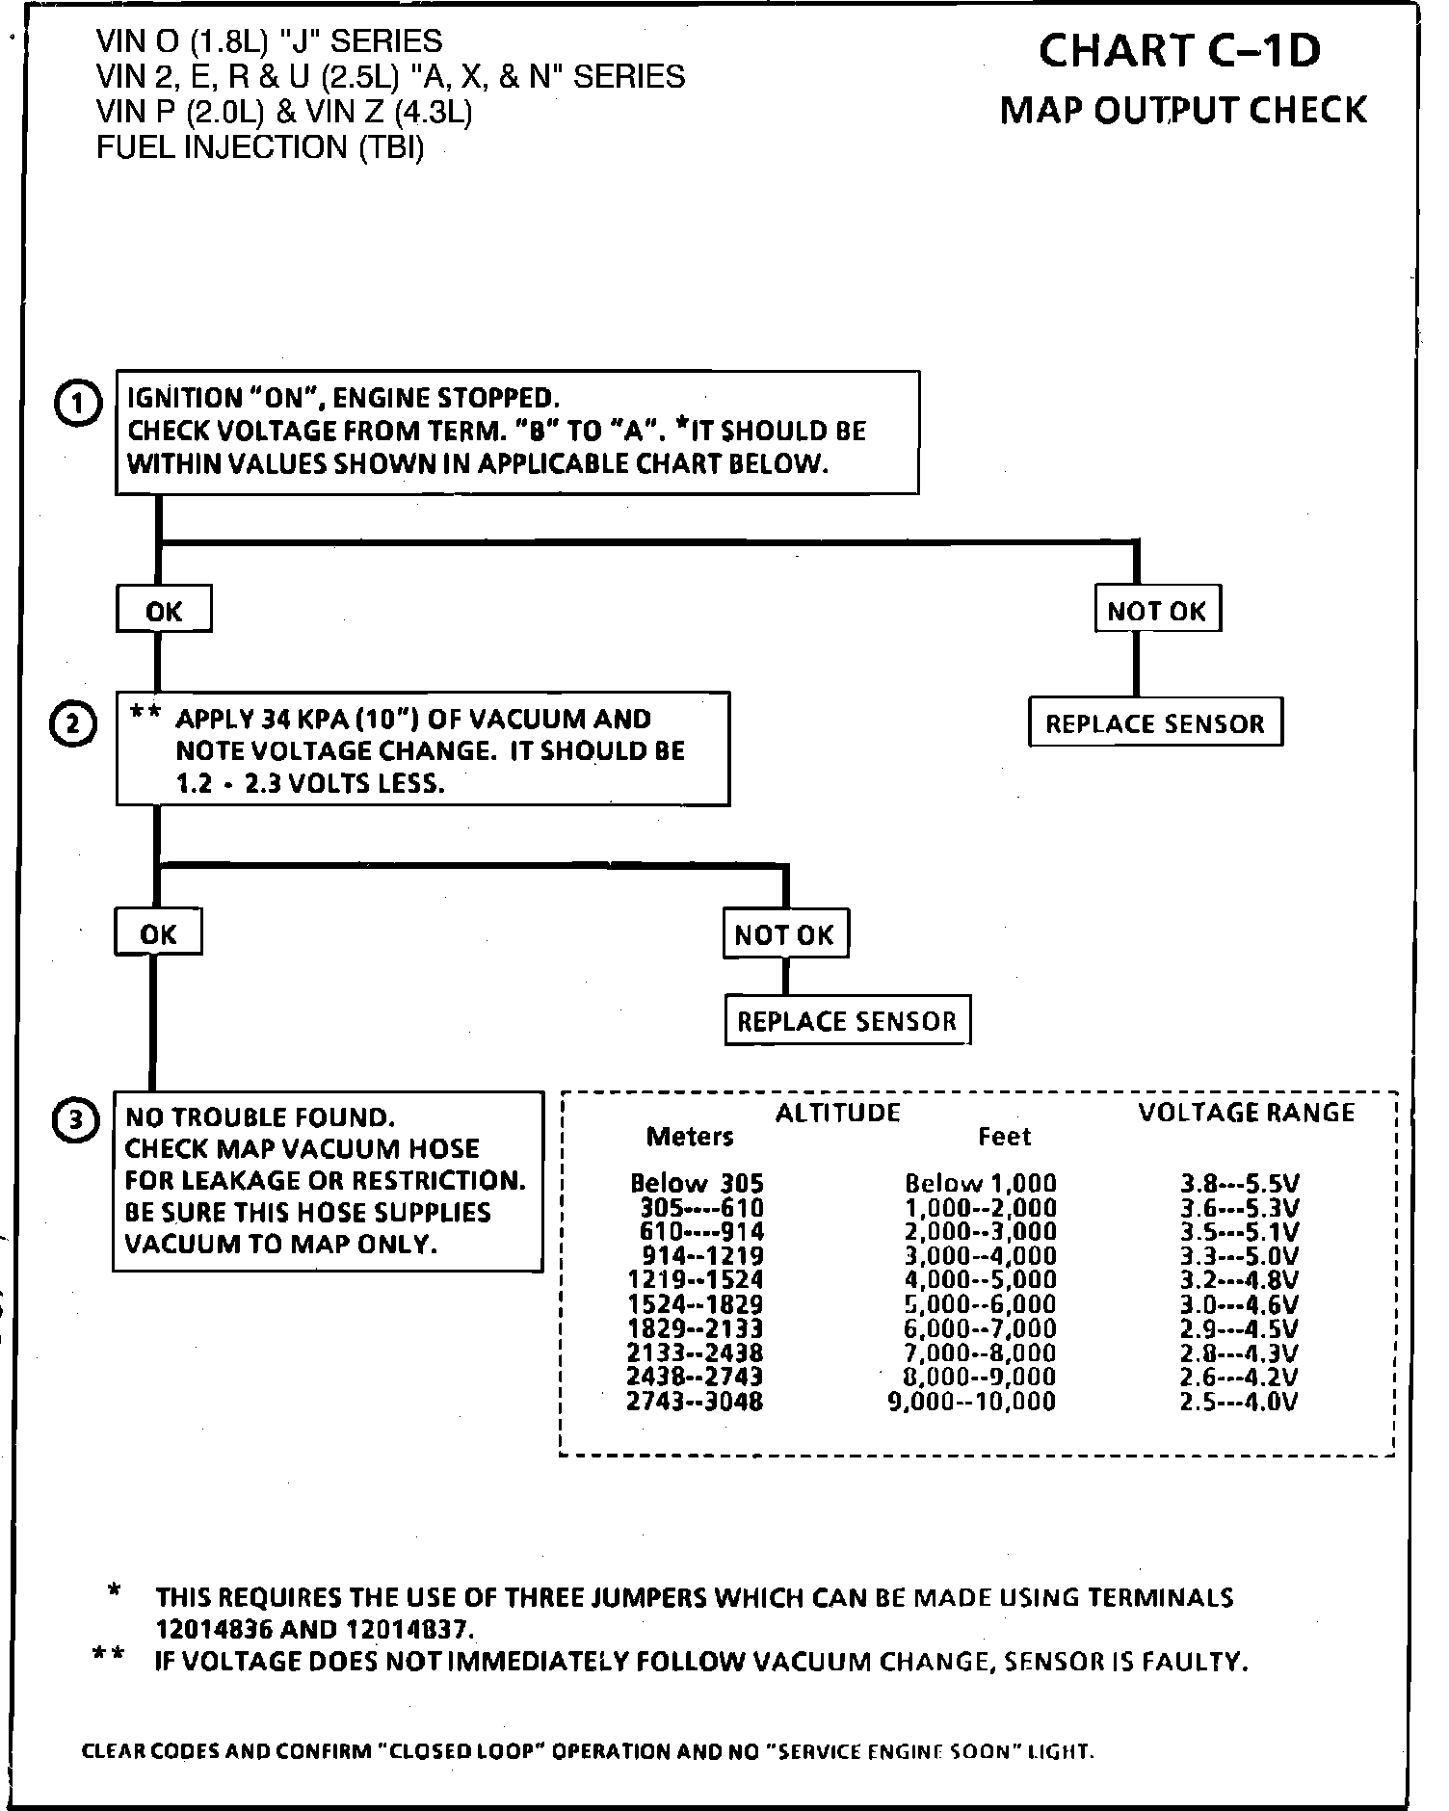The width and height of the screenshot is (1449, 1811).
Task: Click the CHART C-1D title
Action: pos(1180,52)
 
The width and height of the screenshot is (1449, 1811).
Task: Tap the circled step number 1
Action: pos(76,404)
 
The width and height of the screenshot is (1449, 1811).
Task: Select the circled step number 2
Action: pos(73,725)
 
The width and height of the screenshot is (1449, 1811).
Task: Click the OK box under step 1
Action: pos(164,611)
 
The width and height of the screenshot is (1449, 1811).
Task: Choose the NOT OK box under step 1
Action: pos(1157,611)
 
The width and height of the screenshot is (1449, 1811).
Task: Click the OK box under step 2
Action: pos(158,933)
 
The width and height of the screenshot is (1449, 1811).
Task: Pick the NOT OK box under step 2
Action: pos(784,934)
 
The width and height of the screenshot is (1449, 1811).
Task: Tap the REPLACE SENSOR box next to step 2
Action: pos(1155,723)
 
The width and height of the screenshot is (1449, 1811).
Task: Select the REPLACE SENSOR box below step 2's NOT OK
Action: pos(847,1021)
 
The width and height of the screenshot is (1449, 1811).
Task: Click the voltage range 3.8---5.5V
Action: pos(1241,1183)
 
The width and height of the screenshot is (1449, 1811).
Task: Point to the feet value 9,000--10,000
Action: pos(971,1402)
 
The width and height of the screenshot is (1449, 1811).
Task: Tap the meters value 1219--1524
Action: pos(695,1280)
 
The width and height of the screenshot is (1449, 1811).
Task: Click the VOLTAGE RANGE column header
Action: pos(1246,1114)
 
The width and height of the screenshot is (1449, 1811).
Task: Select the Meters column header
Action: pos(690,1138)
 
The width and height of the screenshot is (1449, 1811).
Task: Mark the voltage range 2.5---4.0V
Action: pos(1239,1402)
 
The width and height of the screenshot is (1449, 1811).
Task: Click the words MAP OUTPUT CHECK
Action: pos(1183,110)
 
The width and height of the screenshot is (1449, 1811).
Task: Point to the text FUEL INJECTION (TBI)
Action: pos(260,147)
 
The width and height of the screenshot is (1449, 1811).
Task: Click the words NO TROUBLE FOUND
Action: pos(260,1117)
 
